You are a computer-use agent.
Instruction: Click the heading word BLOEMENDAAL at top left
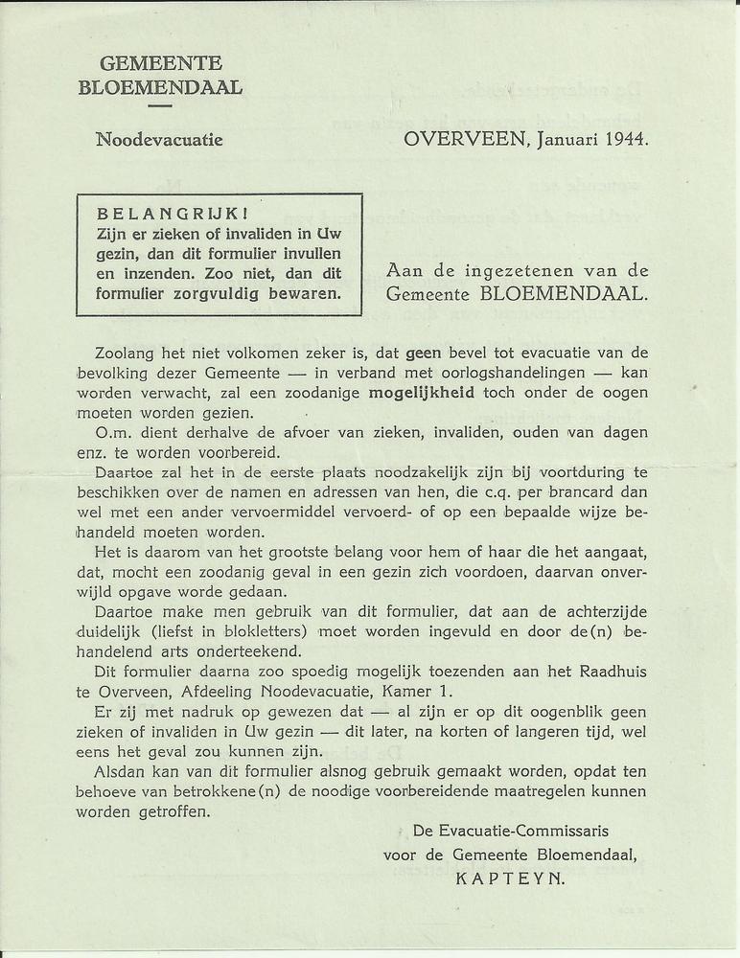[160, 88]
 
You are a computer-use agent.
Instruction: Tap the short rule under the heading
[160, 105]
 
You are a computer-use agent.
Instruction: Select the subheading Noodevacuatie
[159, 140]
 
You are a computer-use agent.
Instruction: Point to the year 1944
[626, 139]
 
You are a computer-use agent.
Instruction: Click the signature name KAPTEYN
[511, 875]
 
